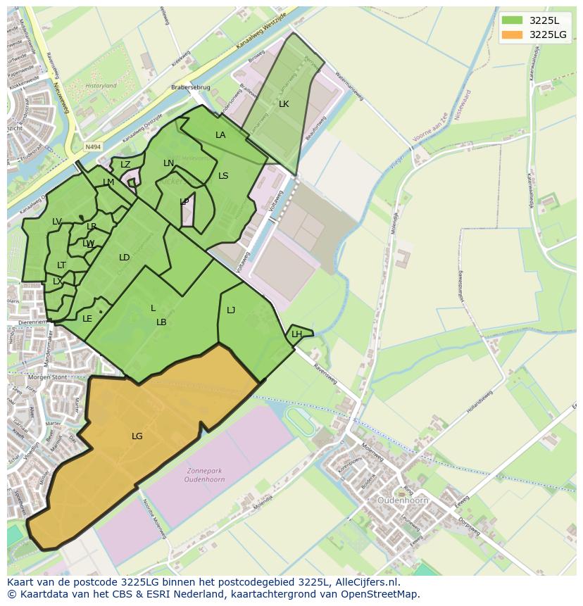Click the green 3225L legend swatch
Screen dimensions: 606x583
512,20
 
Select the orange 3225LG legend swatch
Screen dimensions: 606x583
512,34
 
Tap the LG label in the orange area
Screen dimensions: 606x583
137,436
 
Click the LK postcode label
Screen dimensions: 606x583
284,104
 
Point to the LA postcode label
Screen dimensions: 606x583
220,135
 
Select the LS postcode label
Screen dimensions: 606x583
223,176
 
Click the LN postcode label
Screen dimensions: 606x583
168,163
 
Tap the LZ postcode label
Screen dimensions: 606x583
125,165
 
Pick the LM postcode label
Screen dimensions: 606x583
108,182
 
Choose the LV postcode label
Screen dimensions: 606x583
57,222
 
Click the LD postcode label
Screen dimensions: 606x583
124,258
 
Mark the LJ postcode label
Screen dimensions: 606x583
231,310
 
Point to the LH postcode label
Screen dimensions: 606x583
296,334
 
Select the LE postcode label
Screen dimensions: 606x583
87,319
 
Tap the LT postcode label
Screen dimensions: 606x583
61,265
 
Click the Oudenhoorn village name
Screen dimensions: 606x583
403,500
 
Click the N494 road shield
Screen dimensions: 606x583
92,147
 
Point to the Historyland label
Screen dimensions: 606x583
100,86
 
